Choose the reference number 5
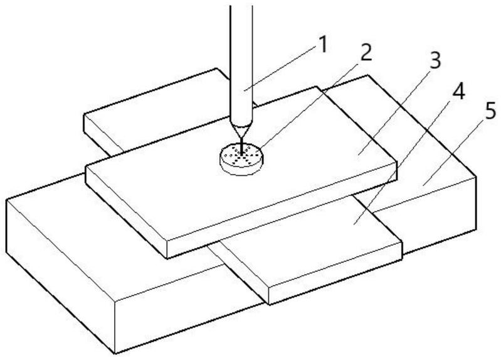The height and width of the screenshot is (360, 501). click(x=491, y=114)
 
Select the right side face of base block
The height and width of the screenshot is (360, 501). click(x=439, y=214)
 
